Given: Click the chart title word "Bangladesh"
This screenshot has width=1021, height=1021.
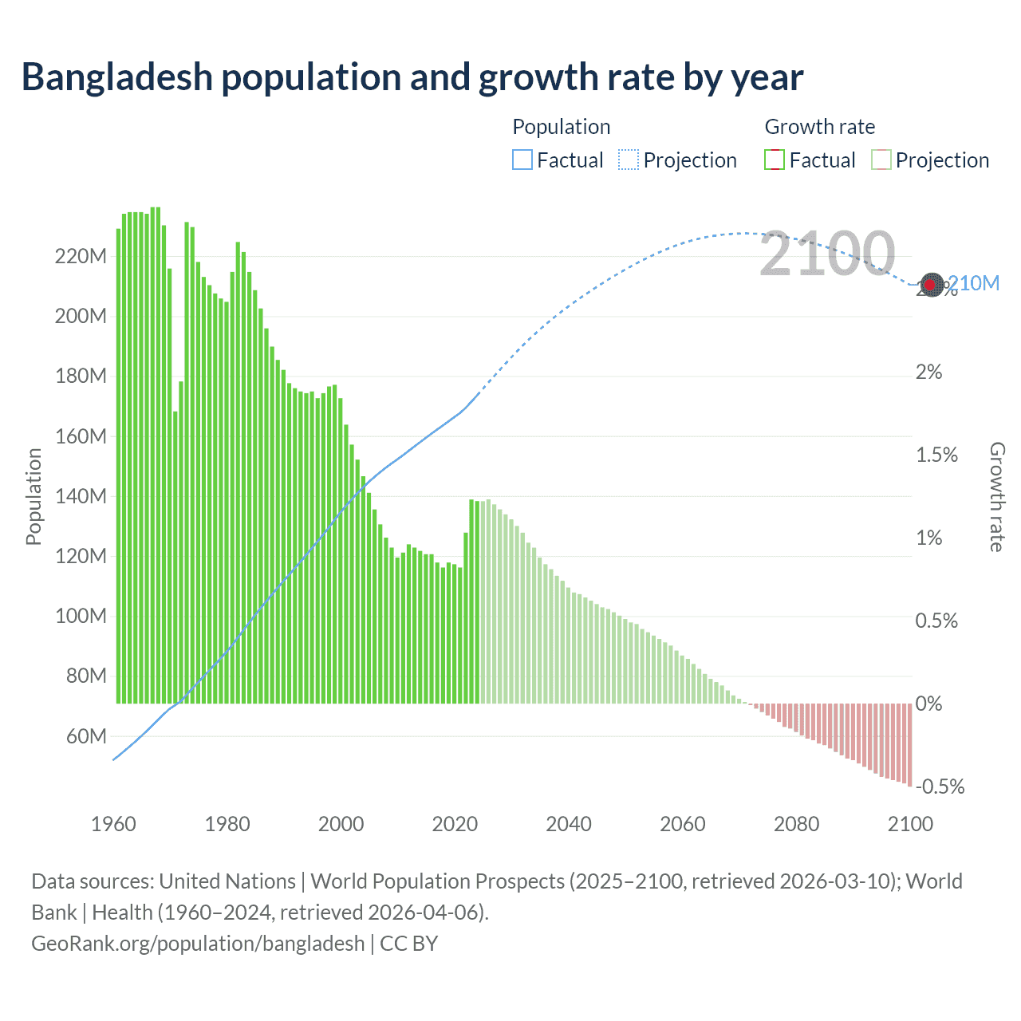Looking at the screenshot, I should click(116, 77).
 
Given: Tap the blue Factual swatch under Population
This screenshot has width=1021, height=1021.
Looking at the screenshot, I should click(522, 160).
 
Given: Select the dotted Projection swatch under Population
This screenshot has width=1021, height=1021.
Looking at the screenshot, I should click(629, 160).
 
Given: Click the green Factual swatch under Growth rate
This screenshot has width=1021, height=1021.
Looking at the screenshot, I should click(775, 160).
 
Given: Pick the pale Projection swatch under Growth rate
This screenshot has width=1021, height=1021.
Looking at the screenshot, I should click(881, 160).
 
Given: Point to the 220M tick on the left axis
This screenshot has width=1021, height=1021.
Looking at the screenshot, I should click(81, 257).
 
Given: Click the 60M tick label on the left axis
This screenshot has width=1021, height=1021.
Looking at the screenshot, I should click(86, 736).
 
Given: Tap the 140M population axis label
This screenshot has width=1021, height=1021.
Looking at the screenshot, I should click(81, 496).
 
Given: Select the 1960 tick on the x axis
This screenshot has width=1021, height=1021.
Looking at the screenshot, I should click(113, 824).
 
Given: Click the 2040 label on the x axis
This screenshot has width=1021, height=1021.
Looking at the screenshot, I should click(569, 824).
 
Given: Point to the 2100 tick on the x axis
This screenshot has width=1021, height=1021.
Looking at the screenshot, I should click(910, 824).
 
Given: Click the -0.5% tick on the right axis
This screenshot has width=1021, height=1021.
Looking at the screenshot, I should click(940, 786).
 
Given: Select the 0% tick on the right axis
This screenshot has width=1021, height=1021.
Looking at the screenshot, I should click(929, 704).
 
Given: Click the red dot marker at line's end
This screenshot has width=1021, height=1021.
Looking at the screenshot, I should click(930, 284).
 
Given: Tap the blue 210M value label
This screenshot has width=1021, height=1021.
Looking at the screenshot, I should click(974, 283).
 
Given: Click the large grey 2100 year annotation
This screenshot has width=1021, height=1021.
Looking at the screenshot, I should click(827, 254).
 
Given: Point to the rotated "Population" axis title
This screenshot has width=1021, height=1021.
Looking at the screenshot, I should click(34, 496).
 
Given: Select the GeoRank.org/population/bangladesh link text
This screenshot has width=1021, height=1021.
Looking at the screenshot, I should click(198, 944).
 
